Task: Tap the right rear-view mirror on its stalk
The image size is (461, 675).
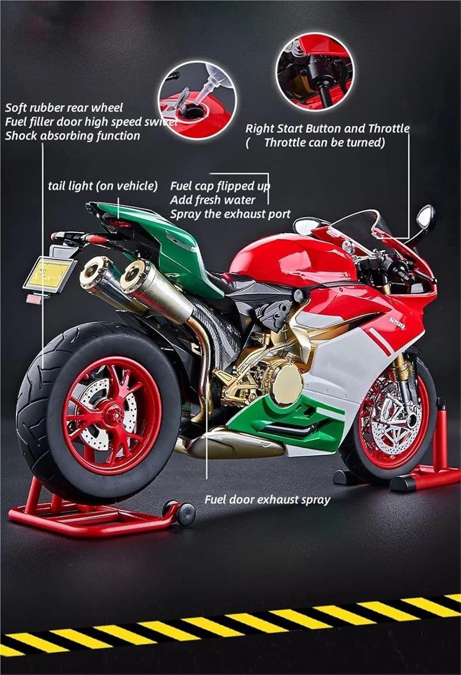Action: [x=425, y=217]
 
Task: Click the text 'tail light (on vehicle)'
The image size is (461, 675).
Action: [x=103, y=185]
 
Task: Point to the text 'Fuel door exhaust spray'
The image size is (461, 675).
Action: [x=267, y=499]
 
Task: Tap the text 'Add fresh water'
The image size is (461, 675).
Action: [x=213, y=200]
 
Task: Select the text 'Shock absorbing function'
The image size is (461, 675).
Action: [x=72, y=136]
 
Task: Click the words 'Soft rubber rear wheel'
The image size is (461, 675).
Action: [x=64, y=108]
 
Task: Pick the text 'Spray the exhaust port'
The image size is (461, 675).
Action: [x=230, y=214]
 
